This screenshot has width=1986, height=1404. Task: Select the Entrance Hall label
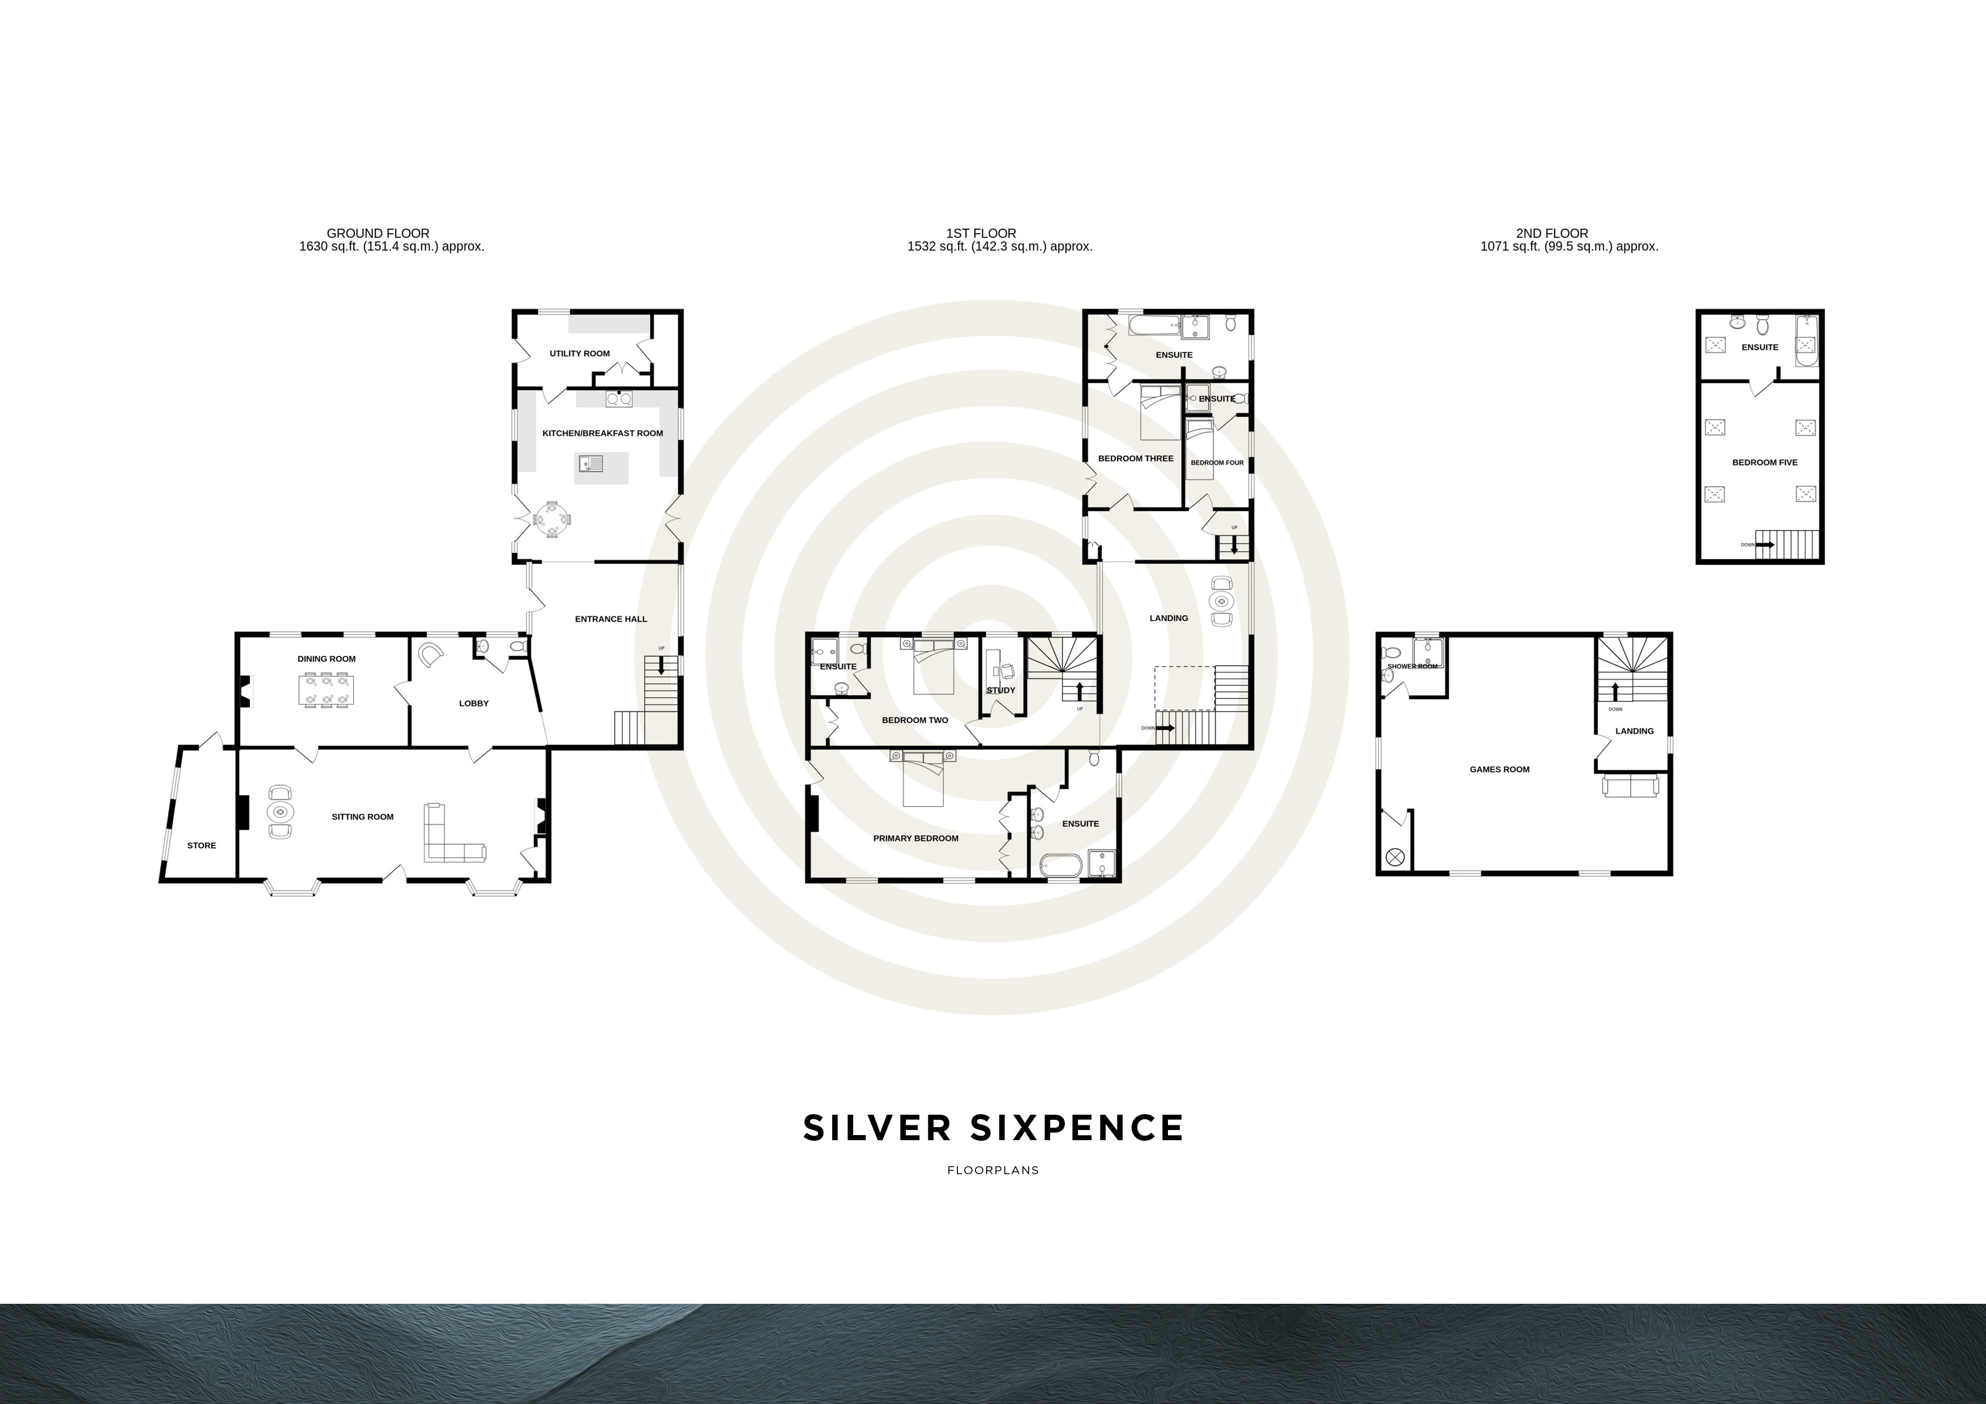611,619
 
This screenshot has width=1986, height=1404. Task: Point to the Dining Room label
326,659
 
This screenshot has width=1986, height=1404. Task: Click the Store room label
202,846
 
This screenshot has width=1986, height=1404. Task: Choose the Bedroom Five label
1765,463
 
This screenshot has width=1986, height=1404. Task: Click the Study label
1001,690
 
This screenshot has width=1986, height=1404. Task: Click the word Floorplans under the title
993,1170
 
